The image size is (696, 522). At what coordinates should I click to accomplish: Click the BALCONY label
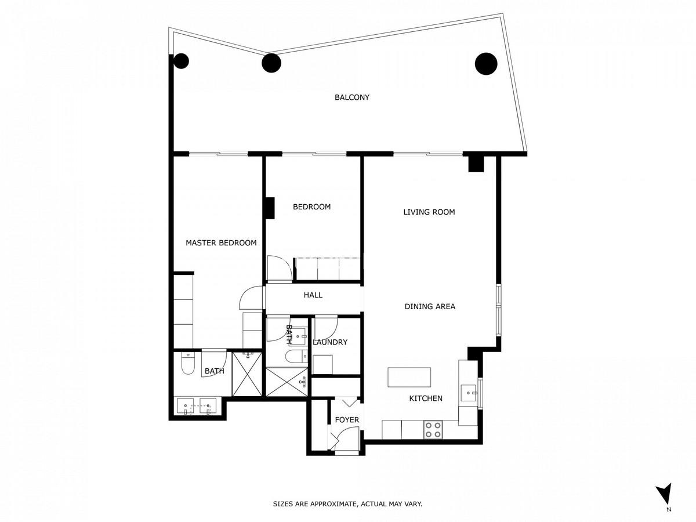(x=352, y=97)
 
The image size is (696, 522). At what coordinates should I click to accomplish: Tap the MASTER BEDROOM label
(x=221, y=243)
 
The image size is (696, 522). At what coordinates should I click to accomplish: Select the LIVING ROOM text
(x=429, y=212)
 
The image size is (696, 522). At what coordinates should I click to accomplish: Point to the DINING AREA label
(x=430, y=306)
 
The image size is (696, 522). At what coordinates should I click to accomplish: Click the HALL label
(x=313, y=295)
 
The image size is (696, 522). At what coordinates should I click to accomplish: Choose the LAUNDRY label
(x=330, y=342)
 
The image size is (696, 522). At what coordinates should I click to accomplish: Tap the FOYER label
(x=347, y=420)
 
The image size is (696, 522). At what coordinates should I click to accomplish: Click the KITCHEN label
(x=426, y=398)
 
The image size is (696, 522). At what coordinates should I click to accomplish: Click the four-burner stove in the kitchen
(x=433, y=429)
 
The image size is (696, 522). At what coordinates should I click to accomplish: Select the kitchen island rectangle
(x=409, y=377)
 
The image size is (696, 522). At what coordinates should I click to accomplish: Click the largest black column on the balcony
(x=486, y=64)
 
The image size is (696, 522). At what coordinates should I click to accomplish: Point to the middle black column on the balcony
(x=271, y=63)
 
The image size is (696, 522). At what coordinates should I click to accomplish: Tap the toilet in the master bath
(x=187, y=364)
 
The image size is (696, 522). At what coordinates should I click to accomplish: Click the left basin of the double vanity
(x=185, y=407)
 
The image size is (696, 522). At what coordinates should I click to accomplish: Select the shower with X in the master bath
(x=247, y=374)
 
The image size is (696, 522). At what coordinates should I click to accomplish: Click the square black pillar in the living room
(x=476, y=164)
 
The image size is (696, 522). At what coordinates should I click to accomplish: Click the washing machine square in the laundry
(x=322, y=364)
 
